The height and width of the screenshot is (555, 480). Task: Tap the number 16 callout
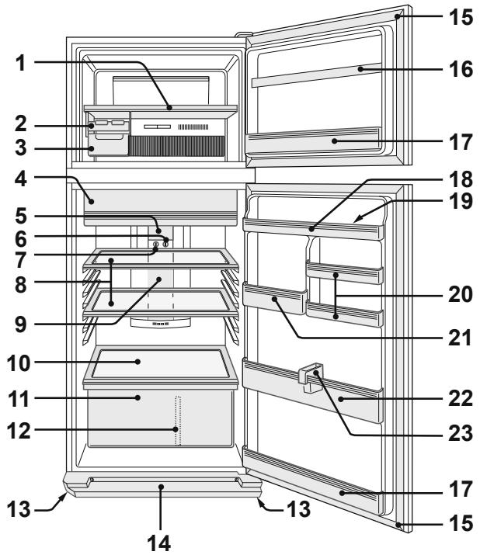[x=461, y=68]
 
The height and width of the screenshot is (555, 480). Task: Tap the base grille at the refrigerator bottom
[x=161, y=487]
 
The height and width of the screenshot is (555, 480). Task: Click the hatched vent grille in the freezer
[x=177, y=146]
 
